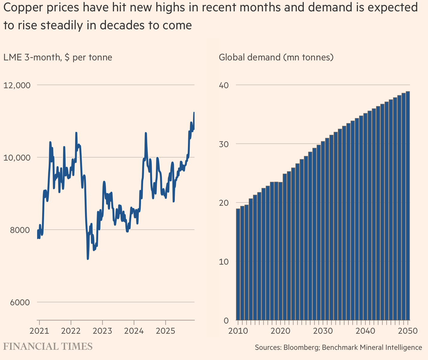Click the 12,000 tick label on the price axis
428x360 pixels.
(17, 85)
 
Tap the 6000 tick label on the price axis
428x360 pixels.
(20, 302)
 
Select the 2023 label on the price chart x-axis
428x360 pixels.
(102, 331)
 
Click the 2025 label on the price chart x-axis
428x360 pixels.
(166, 331)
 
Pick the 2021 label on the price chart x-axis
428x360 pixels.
(39, 331)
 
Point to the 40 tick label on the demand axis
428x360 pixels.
(224, 85)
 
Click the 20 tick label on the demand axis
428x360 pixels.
(224, 203)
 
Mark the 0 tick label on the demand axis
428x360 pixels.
(226, 321)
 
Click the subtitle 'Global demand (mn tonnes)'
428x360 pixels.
(276, 57)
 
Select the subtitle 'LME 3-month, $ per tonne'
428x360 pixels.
(58, 57)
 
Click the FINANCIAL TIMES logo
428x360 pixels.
(48, 347)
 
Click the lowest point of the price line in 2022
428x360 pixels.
(88, 259)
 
